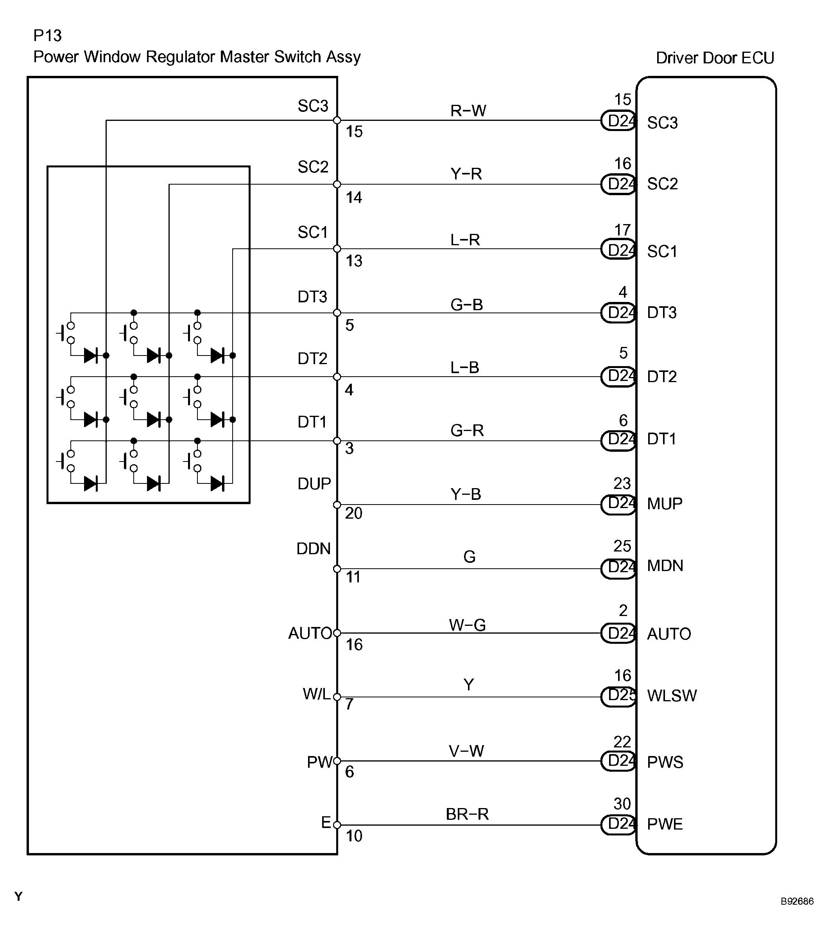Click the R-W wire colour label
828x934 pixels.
pyautogui.click(x=468, y=111)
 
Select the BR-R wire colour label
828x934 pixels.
pyautogui.click(x=467, y=814)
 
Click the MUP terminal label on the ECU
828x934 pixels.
pyautogui.click(x=665, y=503)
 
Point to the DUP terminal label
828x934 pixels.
pyautogui.click(x=314, y=483)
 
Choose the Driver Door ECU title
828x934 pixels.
pyautogui.click(x=715, y=58)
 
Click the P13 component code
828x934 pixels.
pyautogui.click(x=47, y=36)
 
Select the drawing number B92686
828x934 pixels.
pyautogui.click(x=797, y=902)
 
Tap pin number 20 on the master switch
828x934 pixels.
pyautogui.click(x=353, y=514)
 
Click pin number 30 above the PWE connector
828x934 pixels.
pyautogui.click(x=622, y=803)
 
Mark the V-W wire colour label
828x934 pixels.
pyautogui.click(x=466, y=751)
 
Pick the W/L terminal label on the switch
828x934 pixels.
pyautogui.click(x=316, y=694)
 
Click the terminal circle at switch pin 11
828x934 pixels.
pyautogui.click(x=337, y=569)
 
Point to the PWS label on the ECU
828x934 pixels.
pyautogui.click(x=665, y=762)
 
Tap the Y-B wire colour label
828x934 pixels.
pyautogui.click(x=466, y=494)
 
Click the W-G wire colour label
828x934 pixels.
pyautogui.click(x=467, y=625)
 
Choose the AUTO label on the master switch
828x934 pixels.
pyautogui.click(x=310, y=633)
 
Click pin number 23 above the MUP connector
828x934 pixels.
pyautogui.click(x=622, y=483)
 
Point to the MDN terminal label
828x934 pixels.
pyautogui.click(x=665, y=566)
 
